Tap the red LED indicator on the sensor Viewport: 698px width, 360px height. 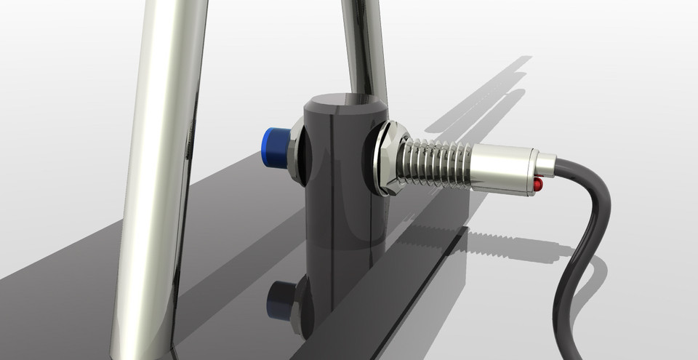(538, 185)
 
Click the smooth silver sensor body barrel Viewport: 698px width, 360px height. (502, 168)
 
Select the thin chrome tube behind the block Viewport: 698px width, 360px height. (364, 44)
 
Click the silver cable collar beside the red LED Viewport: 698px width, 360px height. (547, 165)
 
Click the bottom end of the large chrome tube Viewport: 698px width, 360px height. (142, 349)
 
